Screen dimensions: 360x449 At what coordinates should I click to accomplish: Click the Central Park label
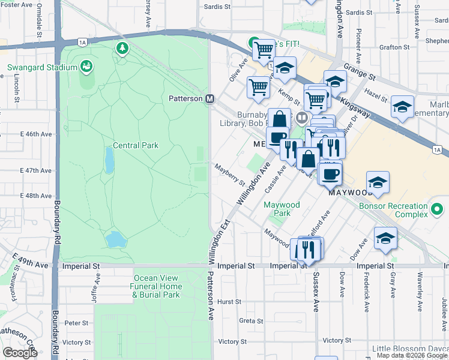tap(136, 145)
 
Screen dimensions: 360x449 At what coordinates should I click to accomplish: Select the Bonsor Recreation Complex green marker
tap(437, 210)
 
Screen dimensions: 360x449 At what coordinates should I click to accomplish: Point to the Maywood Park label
tap(282, 209)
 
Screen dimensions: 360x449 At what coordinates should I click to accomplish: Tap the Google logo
tap(20, 353)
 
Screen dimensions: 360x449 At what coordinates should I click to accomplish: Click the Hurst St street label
tap(229, 302)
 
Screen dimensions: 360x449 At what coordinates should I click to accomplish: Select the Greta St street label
tap(247, 320)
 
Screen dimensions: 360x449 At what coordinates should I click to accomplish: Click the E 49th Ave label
tap(29, 262)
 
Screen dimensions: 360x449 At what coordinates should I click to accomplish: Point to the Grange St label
tap(363, 78)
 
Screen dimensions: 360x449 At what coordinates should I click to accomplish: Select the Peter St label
tap(76, 323)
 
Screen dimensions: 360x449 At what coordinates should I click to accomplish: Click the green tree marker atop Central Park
tap(122, 47)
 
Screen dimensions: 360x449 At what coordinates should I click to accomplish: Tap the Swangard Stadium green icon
tap(86, 65)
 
